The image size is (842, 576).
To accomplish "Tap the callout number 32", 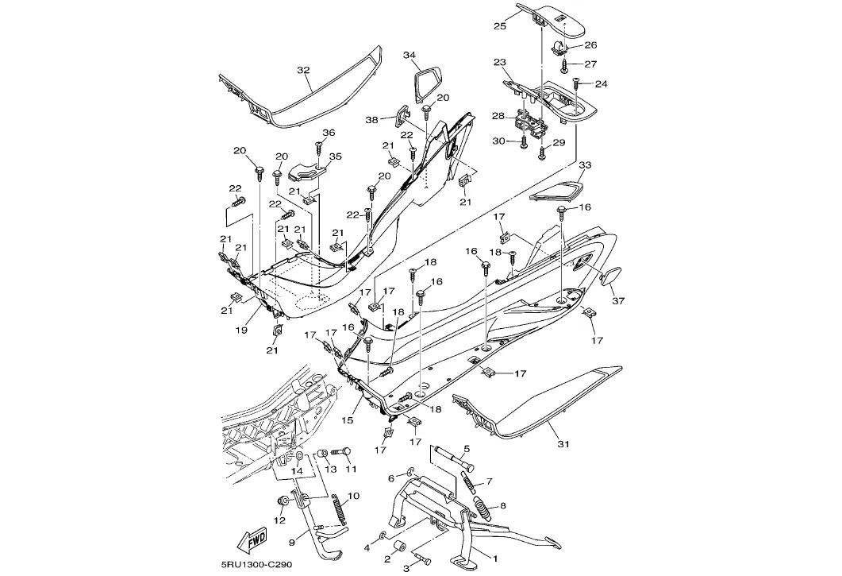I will coord(303,70).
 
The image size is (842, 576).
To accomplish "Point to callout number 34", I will coord(409,55).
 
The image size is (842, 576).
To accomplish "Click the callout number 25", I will coord(499,25).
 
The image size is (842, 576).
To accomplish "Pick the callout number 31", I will coord(563,444).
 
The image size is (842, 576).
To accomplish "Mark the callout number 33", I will coord(585,165).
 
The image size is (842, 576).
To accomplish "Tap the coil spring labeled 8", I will coord(483,505).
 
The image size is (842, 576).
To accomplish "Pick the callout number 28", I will coord(498,116).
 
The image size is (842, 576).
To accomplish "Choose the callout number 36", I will coord(329,133).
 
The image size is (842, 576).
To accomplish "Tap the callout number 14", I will coord(296,470).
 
